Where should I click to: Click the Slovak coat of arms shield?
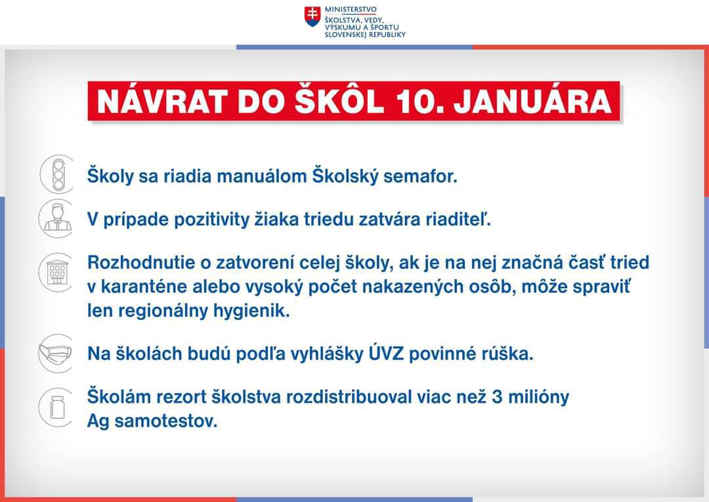pos(312,16)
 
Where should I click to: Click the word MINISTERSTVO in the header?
pos(351,9)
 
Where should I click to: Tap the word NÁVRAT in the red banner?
pos(161,101)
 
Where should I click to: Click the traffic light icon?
pos(58,174)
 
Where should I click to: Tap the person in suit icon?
pos(56,218)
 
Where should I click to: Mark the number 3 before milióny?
pos(497,397)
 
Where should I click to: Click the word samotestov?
pos(166,421)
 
